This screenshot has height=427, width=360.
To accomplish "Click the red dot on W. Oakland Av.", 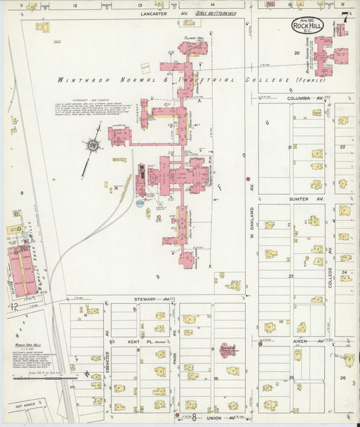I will [249, 180].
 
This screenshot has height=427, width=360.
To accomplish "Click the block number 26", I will [343, 378].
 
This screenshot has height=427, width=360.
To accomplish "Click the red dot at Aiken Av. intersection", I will [260, 344].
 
